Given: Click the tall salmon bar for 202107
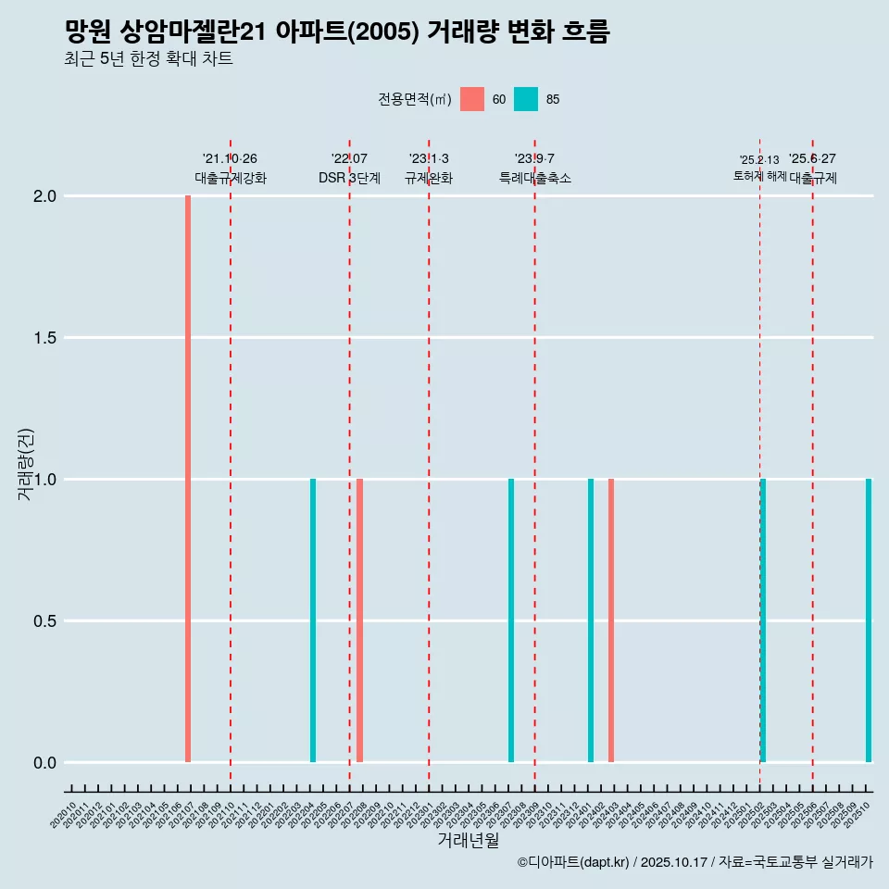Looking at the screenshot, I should (188, 479).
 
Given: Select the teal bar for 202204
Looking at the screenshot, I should (313, 620).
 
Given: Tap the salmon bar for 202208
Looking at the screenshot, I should (359, 620).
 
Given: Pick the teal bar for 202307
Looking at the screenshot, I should (511, 620).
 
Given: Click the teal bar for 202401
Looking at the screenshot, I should (591, 620).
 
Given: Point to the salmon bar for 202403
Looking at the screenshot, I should (611, 620).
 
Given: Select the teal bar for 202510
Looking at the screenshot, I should (869, 620).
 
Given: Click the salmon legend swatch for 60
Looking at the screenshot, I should (472, 99).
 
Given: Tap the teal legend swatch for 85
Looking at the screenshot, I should (526, 99).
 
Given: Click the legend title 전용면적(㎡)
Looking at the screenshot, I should (415, 100).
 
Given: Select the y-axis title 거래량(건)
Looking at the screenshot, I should (26, 463).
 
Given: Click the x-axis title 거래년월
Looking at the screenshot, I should (468, 841).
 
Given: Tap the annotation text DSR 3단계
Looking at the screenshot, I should (349, 178).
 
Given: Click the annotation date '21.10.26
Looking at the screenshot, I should (230, 158).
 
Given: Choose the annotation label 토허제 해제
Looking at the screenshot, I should (759, 176).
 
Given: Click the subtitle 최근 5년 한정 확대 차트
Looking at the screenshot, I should (148, 59).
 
